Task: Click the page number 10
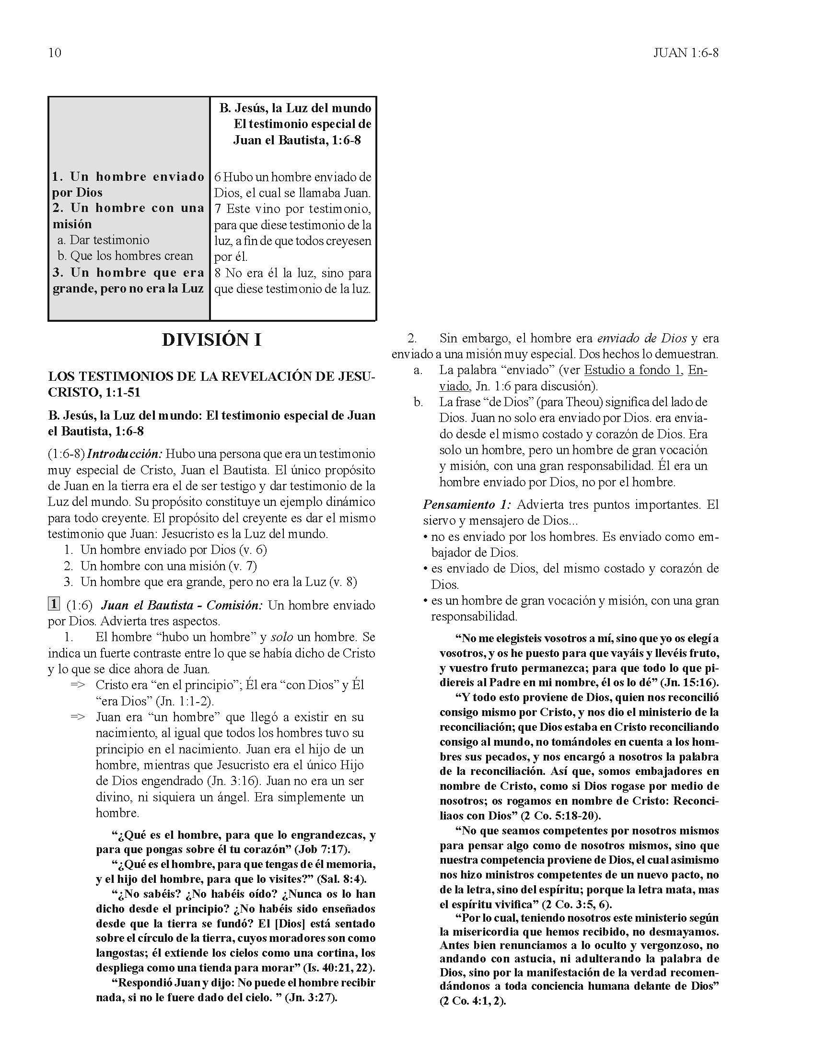point(55,53)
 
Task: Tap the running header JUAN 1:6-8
point(686,53)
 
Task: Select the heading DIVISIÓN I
point(211,340)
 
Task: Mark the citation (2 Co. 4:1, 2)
point(472,1001)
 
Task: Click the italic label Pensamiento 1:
point(466,505)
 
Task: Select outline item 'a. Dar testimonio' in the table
point(104,240)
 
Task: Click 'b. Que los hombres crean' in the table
point(125,256)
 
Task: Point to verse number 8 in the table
point(218,273)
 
